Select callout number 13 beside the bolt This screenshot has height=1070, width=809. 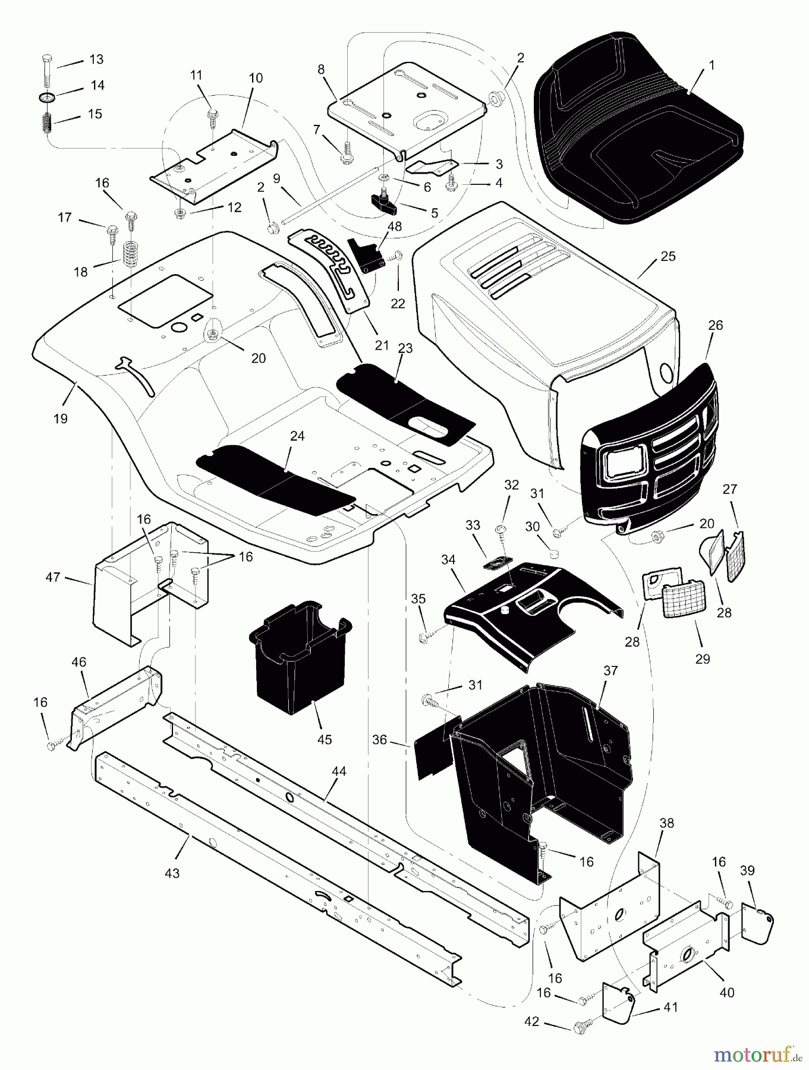point(96,59)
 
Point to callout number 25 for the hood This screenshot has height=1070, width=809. point(668,256)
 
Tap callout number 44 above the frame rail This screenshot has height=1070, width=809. point(339,771)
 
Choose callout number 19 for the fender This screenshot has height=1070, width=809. point(60,418)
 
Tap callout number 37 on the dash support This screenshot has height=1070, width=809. point(610,671)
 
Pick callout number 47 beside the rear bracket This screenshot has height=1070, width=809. point(53,577)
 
